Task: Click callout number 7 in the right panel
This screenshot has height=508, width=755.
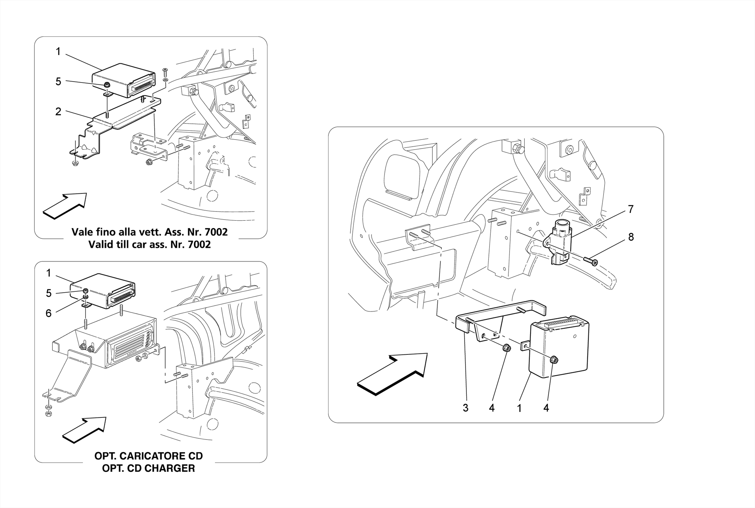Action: click(x=631, y=209)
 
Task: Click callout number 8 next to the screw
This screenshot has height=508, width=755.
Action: click(x=631, y=237)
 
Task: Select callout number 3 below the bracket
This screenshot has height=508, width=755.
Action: click(x=466, y=408)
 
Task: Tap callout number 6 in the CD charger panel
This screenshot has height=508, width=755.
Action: click(x=48, y=313)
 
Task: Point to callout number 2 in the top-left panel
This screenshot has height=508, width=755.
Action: click(x=58, y=112)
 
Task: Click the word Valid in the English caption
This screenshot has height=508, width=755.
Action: click(x=100, y=245)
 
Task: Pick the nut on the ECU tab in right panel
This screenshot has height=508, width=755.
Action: click(x=553, y=360)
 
